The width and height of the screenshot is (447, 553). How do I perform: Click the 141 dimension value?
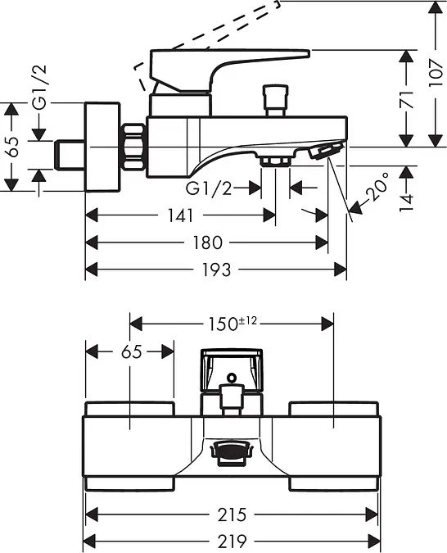click(180, 215)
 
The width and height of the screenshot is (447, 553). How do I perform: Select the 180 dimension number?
click(208, 243)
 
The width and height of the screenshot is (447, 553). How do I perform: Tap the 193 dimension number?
click(216, 270)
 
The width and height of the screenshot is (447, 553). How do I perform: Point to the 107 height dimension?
click(436, 74)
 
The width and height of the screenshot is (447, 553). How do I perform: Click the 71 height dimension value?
click(406, 99)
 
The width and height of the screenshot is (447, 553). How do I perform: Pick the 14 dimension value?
click(406, 202)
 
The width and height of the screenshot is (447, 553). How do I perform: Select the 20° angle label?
click(377, 187)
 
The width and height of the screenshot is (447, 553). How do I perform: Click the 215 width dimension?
click(232, 515)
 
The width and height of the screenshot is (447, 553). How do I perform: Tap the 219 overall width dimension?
click(232, 540)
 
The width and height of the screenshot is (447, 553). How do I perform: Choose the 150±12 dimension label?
click(233, 324)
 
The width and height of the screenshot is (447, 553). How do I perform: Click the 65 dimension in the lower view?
click(132, 351)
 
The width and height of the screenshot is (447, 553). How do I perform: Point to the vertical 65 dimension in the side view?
click(13, 147)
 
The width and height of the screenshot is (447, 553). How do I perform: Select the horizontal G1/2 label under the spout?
click(209, 189)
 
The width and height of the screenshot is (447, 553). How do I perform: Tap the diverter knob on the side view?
click(276, 101)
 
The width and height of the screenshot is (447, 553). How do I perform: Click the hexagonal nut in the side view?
click(133, 147)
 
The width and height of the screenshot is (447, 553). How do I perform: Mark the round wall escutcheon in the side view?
click(102, 147)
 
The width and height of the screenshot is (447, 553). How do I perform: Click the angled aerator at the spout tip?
click(325, 150)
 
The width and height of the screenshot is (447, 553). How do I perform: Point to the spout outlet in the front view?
click(231, 452)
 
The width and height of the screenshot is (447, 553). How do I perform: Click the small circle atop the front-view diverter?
click(232, 378)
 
